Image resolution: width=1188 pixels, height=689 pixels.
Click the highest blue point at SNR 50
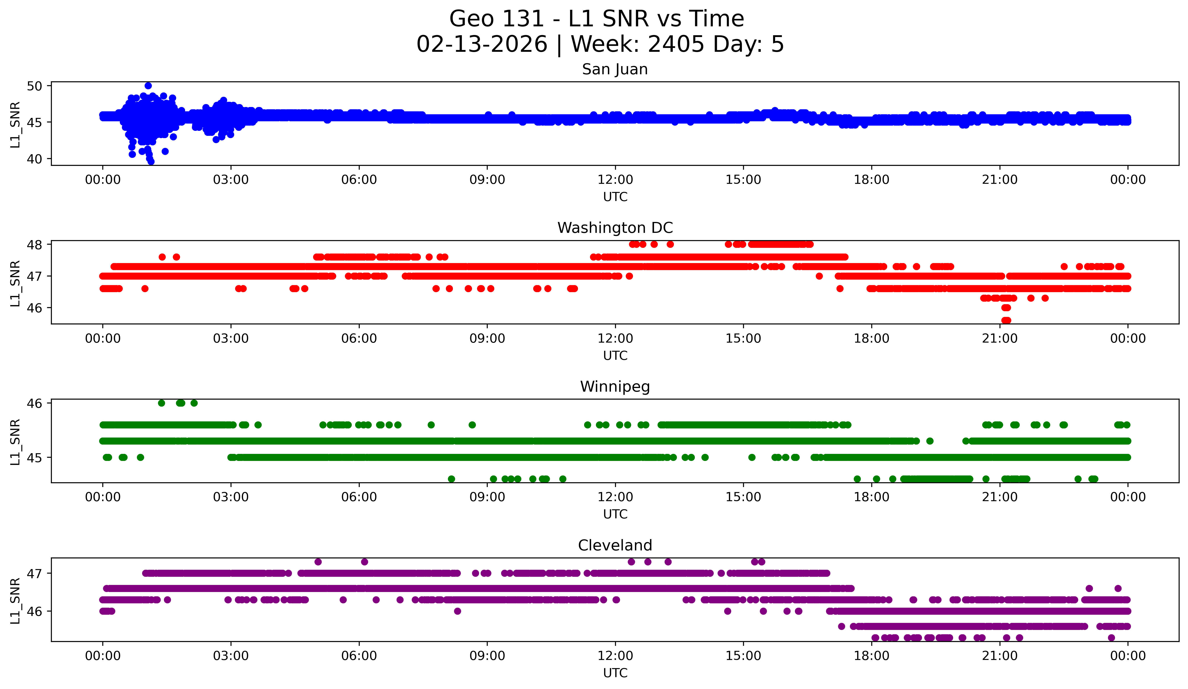pyautogui.click(x=148, y=86)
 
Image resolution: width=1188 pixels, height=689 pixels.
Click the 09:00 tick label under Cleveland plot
pyautogui.click(x=487, y=656)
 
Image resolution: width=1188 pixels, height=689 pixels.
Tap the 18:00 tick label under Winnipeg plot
pyautogui.click(x=871, y=497)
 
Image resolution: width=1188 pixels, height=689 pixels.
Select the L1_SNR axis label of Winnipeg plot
pyautogui.click(x=15, y=442)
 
